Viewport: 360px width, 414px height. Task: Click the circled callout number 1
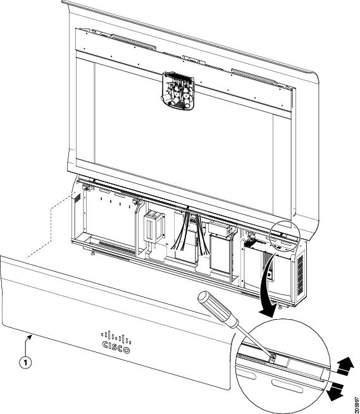(25, 363)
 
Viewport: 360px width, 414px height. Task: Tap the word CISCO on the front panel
(116, 347)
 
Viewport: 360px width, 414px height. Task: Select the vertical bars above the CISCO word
(116, 337)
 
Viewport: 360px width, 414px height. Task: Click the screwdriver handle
(218, 310)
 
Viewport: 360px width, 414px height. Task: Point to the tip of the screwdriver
(272, 358)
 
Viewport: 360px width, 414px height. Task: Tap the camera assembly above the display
(178, 91)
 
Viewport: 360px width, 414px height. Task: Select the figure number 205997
(357, 403)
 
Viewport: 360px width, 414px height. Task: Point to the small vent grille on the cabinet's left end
(77, 198)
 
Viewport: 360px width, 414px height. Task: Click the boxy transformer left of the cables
(154, 226)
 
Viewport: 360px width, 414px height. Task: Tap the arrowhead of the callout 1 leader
(31, 336)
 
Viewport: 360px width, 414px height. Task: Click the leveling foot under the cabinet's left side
(93, 253)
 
